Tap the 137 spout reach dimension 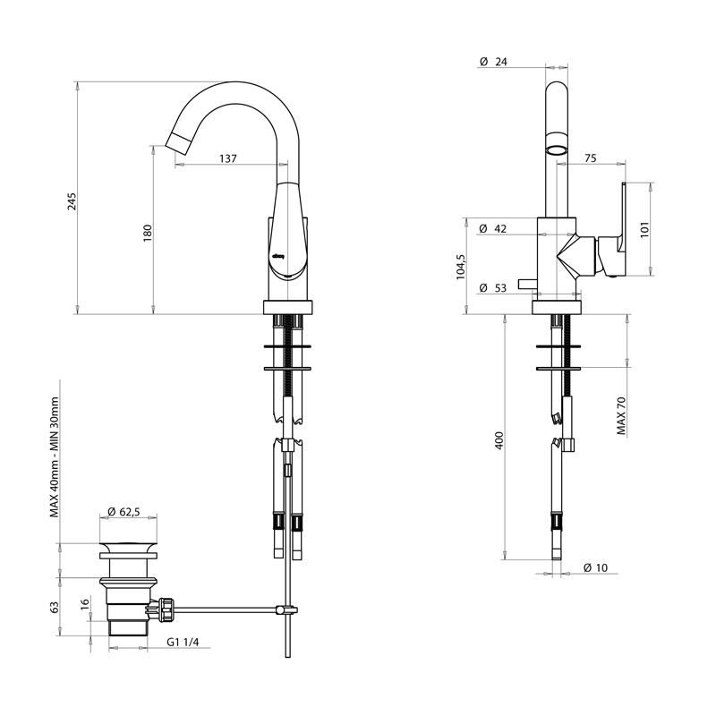[x=227, y=158]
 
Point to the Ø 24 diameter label [x=493, y=62]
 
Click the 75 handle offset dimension [x=590, y=158]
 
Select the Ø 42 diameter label [x=493, y=229]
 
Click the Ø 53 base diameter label [x=493, y=287]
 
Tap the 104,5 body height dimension [x=461, y=266]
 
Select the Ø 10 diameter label [x=595, y=567]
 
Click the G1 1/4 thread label [x=183, y=642]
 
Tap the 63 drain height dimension [x=55, y=607]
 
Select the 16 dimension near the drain [x=85, y=605]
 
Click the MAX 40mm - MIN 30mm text [x=55, y=457]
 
